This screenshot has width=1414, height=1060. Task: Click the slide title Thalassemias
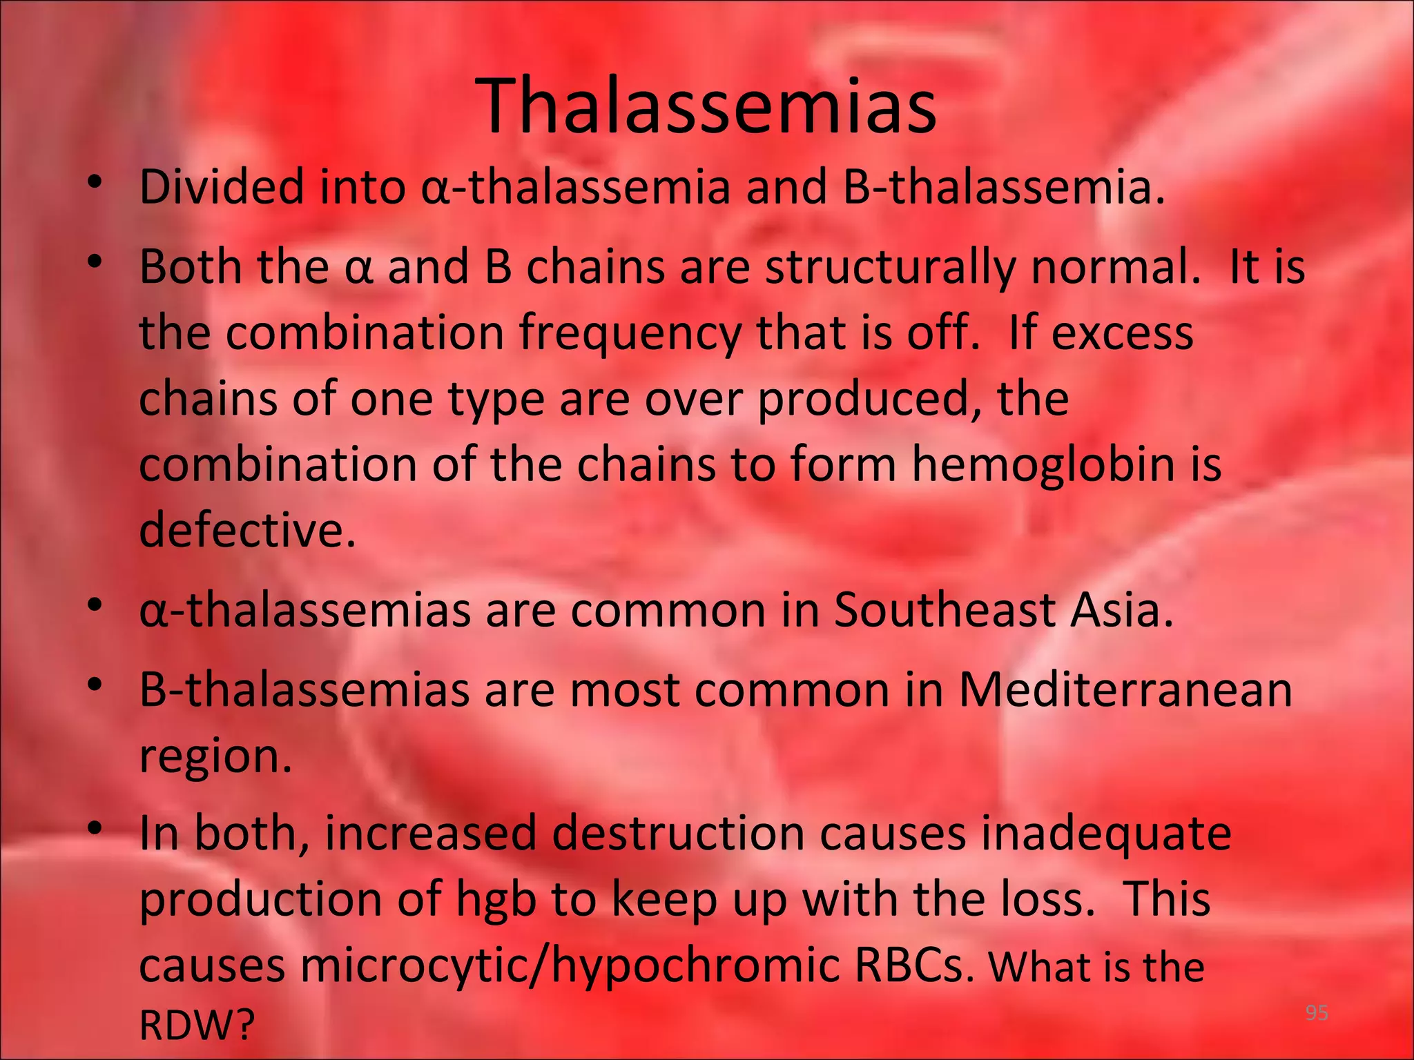pos(706,107)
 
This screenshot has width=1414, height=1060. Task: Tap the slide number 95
pos(1317,1013)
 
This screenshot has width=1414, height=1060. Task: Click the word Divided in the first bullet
pos(221,187)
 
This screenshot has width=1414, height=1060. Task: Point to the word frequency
pos(629,333)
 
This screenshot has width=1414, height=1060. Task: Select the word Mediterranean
pos(1125,689)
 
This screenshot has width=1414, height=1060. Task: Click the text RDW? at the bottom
pos(197,1025)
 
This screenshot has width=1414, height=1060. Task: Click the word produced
pos(870,400)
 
